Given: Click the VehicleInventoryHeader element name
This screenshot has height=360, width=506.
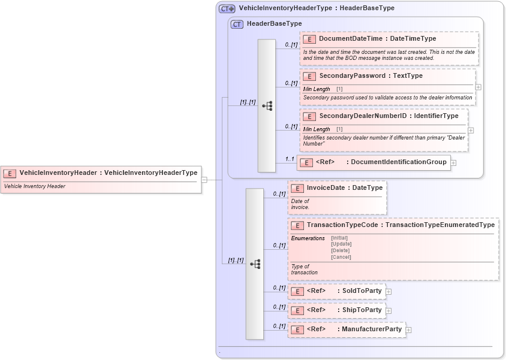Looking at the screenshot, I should [x=58, y=173].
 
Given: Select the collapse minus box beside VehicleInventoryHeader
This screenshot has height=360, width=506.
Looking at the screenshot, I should [x=204, y=179].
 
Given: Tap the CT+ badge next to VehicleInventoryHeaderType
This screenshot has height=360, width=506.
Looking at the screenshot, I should [x=227, y=8].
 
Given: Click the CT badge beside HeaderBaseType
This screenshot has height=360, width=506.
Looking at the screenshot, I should [x=237, y=24].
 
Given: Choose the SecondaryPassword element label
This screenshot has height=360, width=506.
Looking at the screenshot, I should [x=354, y=76].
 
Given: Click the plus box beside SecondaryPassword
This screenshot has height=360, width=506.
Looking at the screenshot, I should [x=478, y=87].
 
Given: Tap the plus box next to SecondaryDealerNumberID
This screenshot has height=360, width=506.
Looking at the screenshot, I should [x=471, y=130].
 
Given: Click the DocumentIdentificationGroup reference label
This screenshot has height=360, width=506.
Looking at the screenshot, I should [x=398, y=162].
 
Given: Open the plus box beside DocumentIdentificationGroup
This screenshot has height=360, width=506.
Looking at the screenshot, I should [x=453, y=162].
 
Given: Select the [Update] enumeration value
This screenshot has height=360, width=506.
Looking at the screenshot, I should [x=341, y=244].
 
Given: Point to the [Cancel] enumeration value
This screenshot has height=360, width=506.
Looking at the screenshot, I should [x=341, y=257].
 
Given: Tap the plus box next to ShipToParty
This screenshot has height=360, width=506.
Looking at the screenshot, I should [x=388, y=311].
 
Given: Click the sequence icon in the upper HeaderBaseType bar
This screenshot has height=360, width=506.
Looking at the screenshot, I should [x=267, y=106].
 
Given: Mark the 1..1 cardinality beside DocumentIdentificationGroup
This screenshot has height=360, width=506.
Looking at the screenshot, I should [x=289, y=159].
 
